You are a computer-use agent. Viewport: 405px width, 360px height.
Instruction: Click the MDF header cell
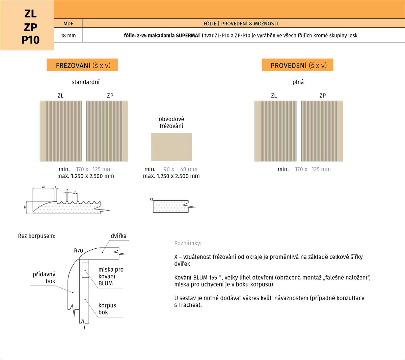(69, 23)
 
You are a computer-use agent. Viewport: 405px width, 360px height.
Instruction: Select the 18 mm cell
(69, 35)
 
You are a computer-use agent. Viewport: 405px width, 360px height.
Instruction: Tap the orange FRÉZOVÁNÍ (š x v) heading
(82, 65)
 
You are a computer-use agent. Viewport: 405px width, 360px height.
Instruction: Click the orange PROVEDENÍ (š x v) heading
(297, 65)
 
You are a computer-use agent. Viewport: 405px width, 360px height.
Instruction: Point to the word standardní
(86, 82)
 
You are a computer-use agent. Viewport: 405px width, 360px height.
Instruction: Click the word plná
(298, 82)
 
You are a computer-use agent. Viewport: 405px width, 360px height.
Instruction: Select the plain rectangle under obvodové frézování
(171, 147)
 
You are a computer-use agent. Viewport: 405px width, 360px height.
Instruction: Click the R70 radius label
(78, 251)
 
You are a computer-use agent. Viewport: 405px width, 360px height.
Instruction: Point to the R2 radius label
(151, 199)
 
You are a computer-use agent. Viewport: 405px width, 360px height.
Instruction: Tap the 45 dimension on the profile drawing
(44, 187)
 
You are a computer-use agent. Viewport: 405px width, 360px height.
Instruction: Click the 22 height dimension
(25, 207)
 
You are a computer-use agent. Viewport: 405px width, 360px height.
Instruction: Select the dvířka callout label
(118, 236)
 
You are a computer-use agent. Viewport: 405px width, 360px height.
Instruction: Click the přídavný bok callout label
(44, 278)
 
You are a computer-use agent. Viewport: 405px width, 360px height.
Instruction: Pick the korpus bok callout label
(107, 309)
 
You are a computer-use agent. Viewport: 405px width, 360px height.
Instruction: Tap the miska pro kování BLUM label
(111, 276)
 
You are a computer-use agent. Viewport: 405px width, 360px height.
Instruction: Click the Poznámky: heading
(188, 243)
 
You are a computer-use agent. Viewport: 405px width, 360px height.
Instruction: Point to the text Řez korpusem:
(37, 236)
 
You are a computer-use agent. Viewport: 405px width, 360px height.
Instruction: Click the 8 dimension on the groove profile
(75, 192)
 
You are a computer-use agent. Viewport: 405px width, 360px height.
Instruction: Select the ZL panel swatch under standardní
(60, 131)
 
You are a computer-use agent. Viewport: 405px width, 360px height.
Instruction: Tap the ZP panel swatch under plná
(322, 131)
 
